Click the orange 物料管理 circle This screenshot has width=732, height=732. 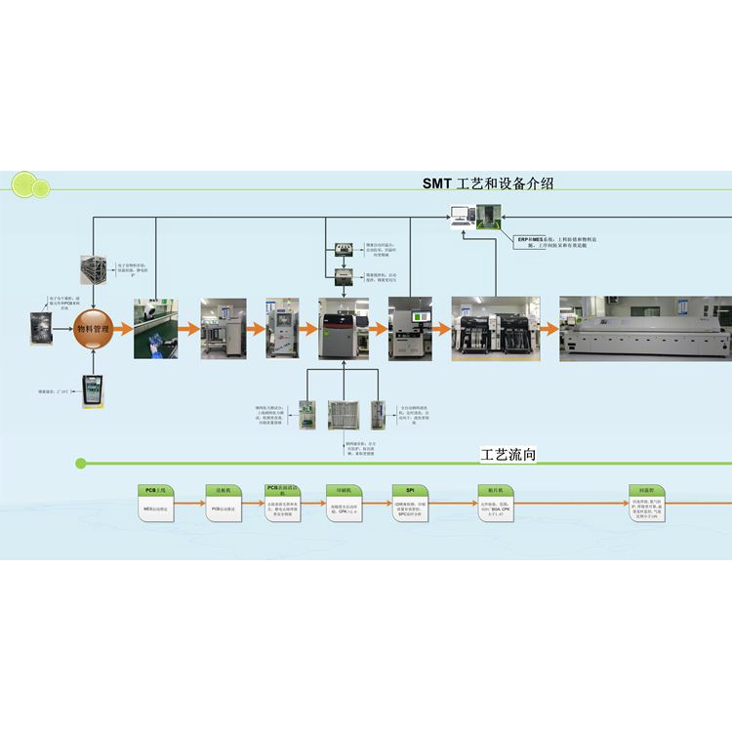(x=93, y=328)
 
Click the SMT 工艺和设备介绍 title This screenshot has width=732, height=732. (x=494, y=183)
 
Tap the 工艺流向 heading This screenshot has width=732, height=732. (x=508, y=455)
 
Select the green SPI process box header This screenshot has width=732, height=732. (x=410, y=489)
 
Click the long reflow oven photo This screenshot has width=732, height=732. (x=645, y=329)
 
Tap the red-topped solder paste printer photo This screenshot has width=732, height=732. (x=344, y=328)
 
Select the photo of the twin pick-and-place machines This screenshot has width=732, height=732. (x=495, y=329)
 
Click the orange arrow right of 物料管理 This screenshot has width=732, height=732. (x=124, y=329)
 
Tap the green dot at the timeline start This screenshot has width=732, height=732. (x=81, y=463)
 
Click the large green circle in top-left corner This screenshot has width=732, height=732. (x=21, y=183)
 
